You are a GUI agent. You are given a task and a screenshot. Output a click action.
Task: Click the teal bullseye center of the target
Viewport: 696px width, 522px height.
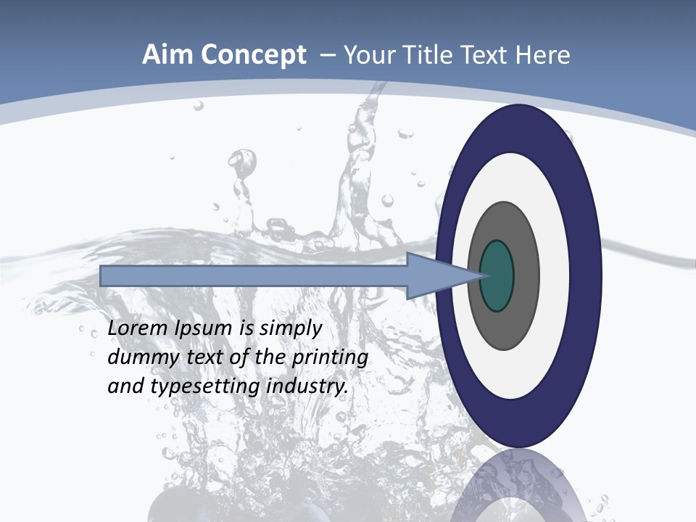pyautogui.click(x=497, y=275)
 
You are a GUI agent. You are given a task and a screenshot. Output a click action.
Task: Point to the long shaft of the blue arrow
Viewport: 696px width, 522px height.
pyautogui.click(x=254, y=275)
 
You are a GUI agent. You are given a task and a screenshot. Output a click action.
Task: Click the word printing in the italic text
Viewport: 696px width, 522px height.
pyautogui.click(x=330, y=358)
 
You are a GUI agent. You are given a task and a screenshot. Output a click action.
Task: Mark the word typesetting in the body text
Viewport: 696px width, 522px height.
pyautogui.click(x=206, y=386)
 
